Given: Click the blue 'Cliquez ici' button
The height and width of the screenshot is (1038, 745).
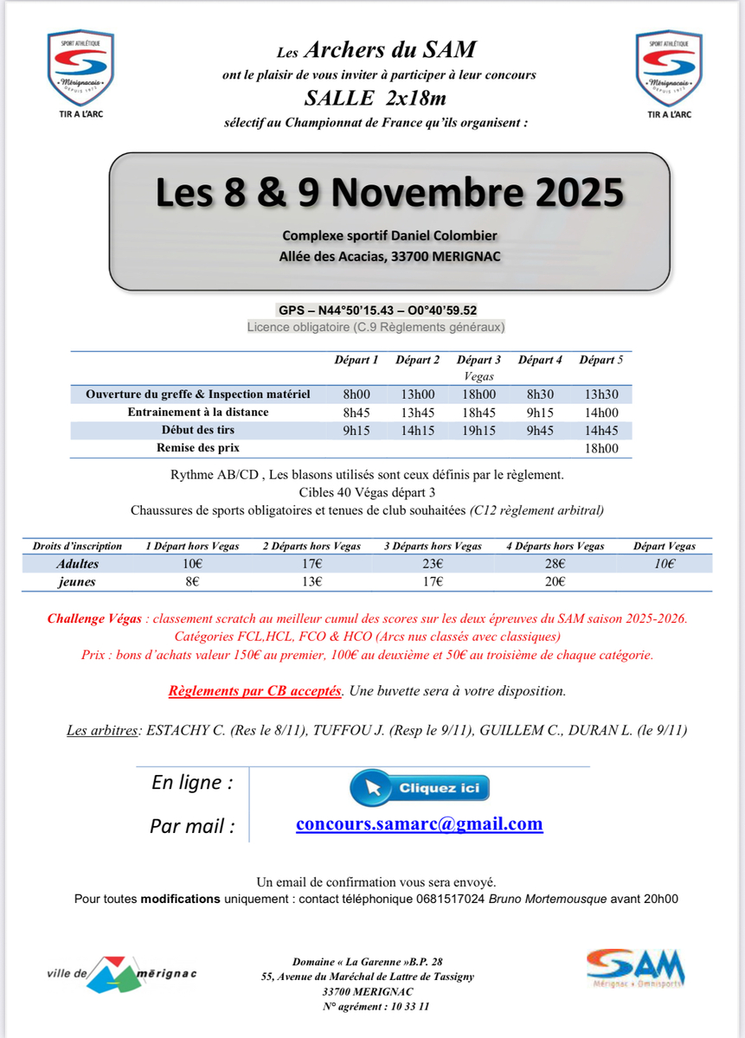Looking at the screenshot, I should click(x=420, y=788).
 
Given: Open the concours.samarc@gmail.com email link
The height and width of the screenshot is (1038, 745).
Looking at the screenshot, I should click(x=419, y=823).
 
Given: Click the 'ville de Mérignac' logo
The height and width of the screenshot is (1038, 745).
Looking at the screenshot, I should click(x=121, y=973).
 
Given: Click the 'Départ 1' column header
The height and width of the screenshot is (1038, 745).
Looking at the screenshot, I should click(x=356, y=360).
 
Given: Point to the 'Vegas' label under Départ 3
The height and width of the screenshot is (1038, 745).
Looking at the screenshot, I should click(x=478, y=377).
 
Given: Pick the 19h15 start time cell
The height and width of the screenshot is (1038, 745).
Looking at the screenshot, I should click(x=478, y=430).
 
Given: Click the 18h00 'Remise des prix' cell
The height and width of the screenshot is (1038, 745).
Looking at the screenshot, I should click(x=601, y=448).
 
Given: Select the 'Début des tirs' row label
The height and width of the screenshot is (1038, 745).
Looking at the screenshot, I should click(x=198, y=430).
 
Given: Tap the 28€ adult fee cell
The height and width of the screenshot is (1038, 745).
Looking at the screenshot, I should click(x=555, y=564).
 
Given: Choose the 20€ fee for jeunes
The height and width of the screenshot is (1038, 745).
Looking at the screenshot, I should click(x=555, y=582).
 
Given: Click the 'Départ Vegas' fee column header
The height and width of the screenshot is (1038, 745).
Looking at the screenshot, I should click(x=664, y=546).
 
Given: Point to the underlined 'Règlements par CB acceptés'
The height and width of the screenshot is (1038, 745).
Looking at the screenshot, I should click(x=255, y=691).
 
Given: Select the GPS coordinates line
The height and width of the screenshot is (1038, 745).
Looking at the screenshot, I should click(x=378, y=311).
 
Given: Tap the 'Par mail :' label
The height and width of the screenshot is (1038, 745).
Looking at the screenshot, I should click(x=192, y=826).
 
